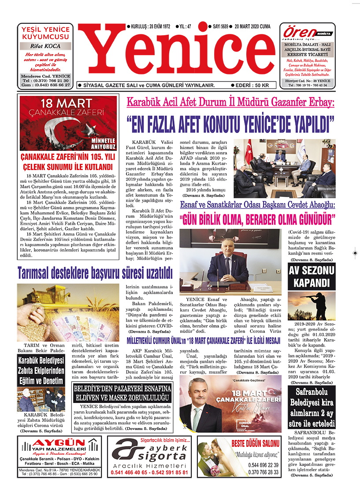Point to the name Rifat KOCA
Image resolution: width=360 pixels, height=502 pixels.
tap(45, 46)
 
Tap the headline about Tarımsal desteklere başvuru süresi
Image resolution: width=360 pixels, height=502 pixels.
tap(95, 273)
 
